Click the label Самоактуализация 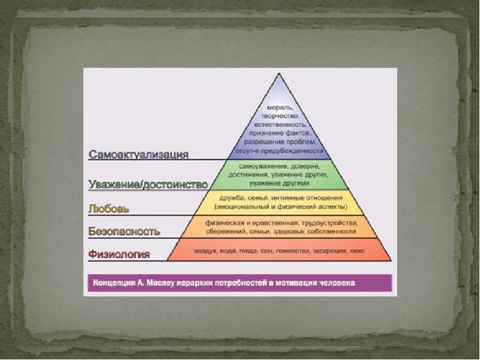[x=139, y=154]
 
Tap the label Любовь [x=109, y=209]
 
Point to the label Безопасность [x=124, y=230]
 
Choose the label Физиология [x=119, y=254]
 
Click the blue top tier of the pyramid [x=277, y=129]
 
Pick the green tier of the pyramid [x=277, y=174]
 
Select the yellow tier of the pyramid [x=277, y=202]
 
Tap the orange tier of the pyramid [x=277, y=226]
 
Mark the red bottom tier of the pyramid [x=277, y=250]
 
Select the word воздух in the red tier [x=204, y=250]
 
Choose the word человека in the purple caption [x=336, y=282]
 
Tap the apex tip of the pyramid [x=277, y=74]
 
